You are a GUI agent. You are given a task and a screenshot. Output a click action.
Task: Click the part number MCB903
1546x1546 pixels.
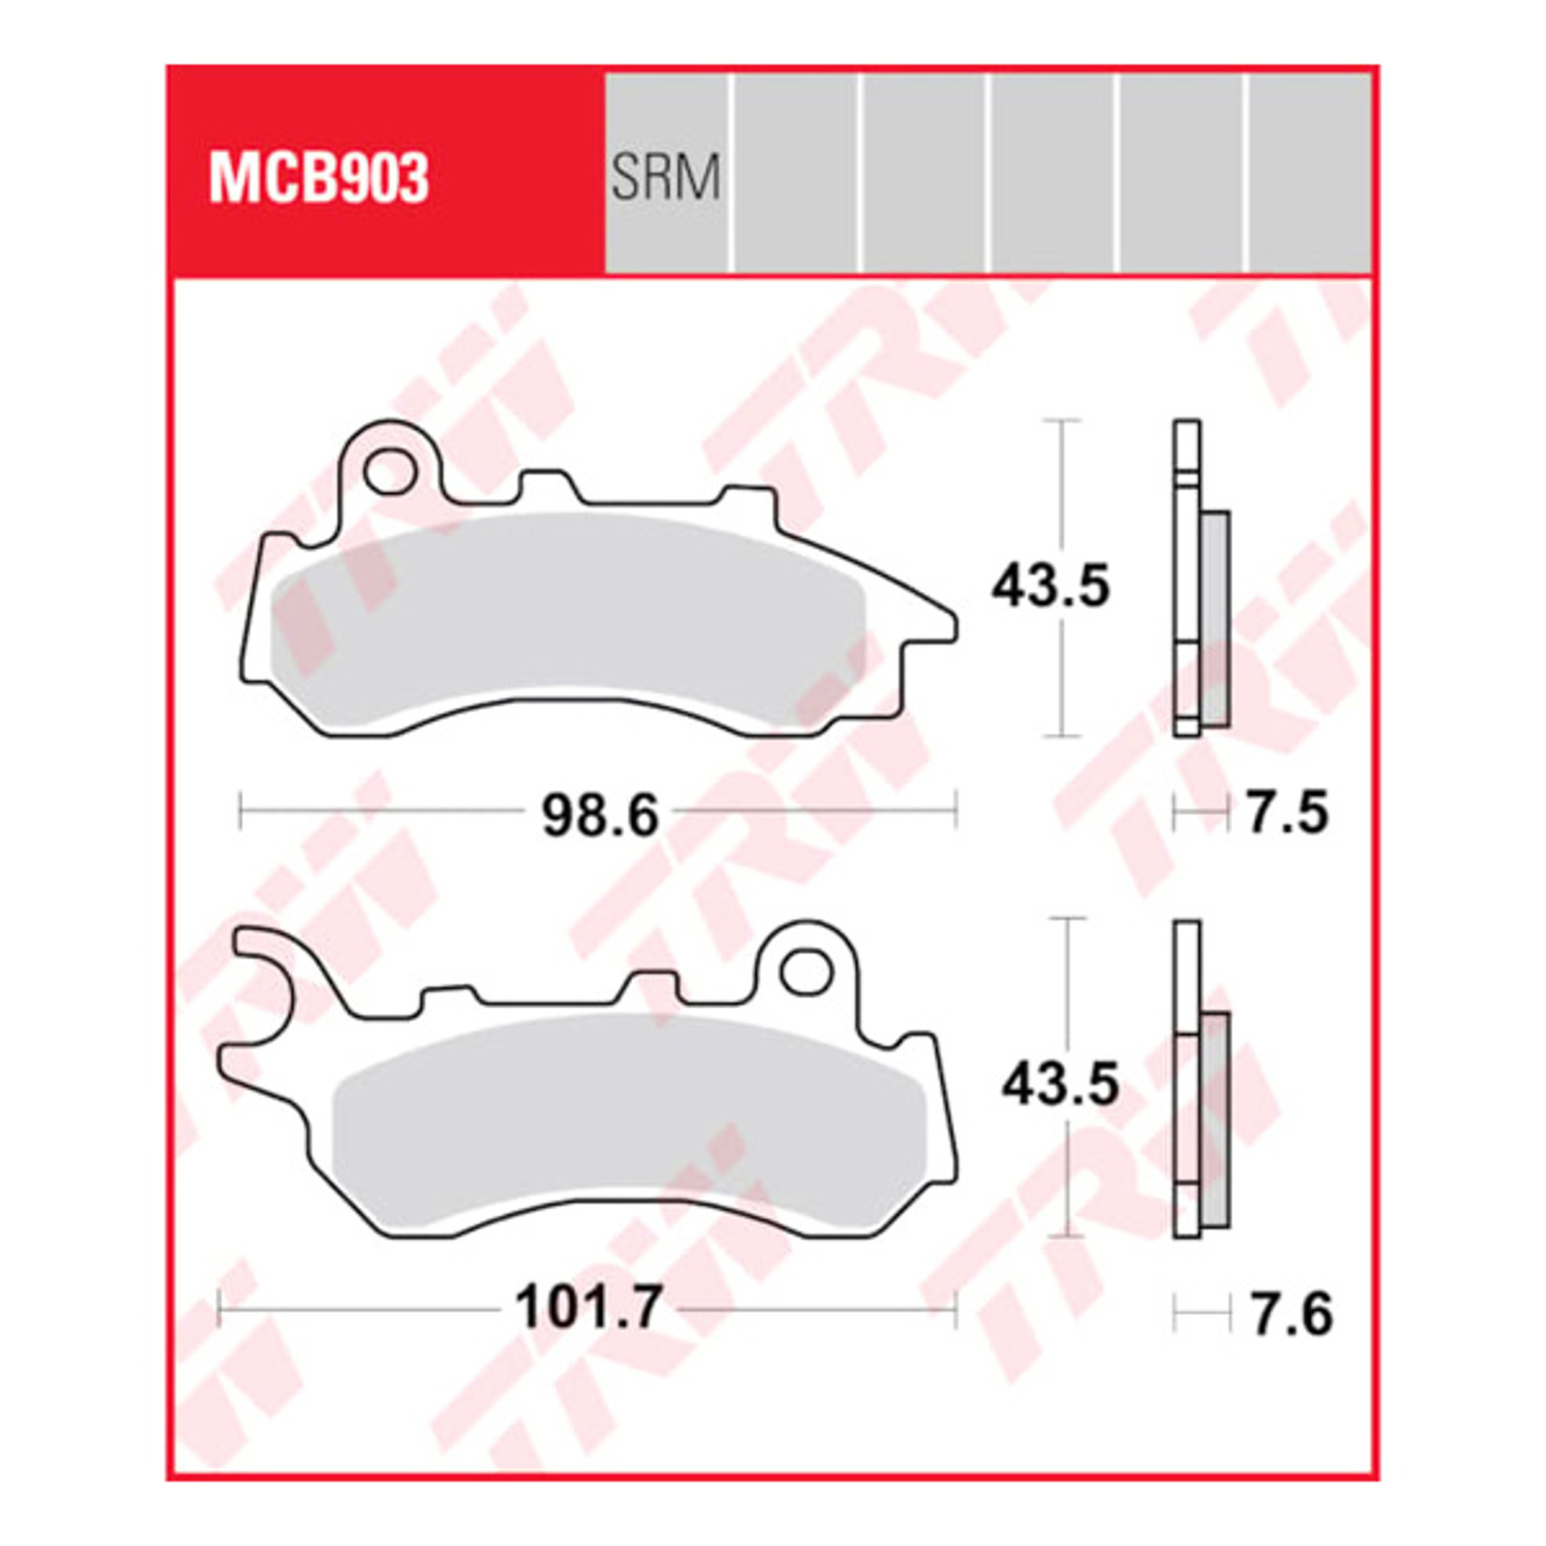coord(319,179)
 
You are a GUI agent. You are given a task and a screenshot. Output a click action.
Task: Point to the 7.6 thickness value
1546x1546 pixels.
coord(1292,1314)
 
